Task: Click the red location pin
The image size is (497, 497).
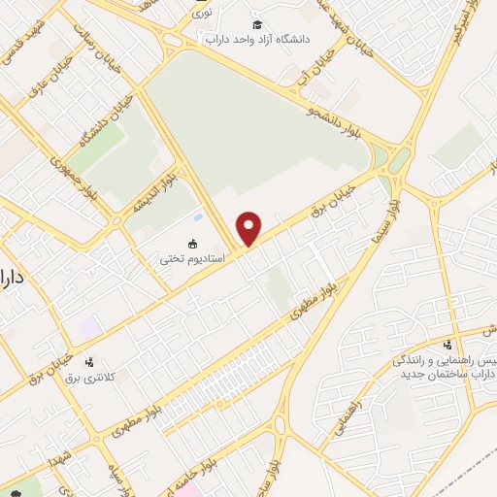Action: coord(250,227)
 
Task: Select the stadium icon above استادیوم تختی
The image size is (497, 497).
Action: coord(192,243)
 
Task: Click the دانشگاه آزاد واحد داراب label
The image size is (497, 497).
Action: coord(255,41)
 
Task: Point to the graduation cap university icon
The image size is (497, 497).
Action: coord(256,24)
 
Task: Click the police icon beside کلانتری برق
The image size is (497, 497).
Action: coord(90,361)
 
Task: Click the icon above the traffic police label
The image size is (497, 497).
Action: coord(447,346)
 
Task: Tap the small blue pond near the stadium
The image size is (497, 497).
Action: coord(199,215)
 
